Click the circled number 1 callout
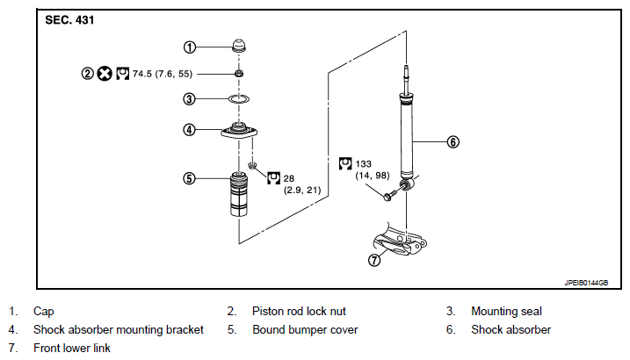tap(190, 47)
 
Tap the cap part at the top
tap(240, 45)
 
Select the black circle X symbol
tap(105, 74)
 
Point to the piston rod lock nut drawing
tap(239, 74)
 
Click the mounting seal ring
tap(239, 98)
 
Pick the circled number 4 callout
tap(189, 130)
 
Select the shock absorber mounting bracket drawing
tap(239, 131)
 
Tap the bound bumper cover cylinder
tap(239, 194)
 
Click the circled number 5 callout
tap(189, 178)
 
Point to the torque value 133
tap(363, 163)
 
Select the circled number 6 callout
tap(453, 141)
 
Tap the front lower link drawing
tap(400, 240)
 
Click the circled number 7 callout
tap(374, 260)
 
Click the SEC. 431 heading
tap(69, 20)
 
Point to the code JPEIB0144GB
tap(586, 283)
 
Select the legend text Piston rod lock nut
tap(299, 311)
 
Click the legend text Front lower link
tap(72, 348)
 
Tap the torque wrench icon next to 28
tap(273, 177)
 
